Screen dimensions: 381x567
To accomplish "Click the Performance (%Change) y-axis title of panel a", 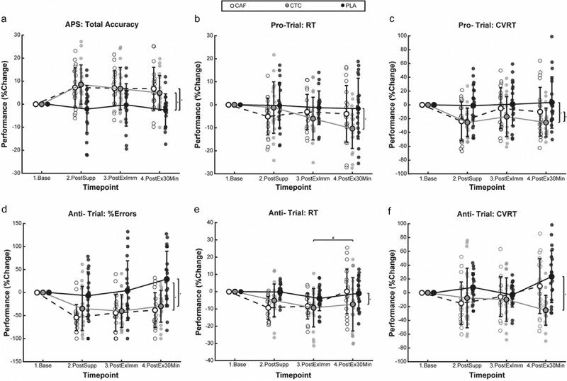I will (x=6, y=103).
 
